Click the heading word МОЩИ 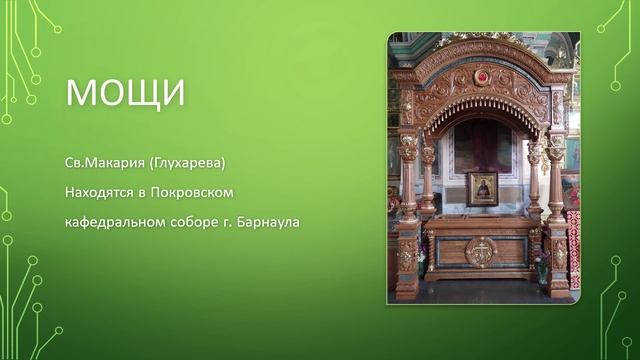[x=125, y=92]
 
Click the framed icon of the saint [x=483, y=187]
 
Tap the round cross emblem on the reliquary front [x=481, y=252]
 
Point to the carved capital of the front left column [x=408, y=145]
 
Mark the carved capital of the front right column [x=556, y=145]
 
